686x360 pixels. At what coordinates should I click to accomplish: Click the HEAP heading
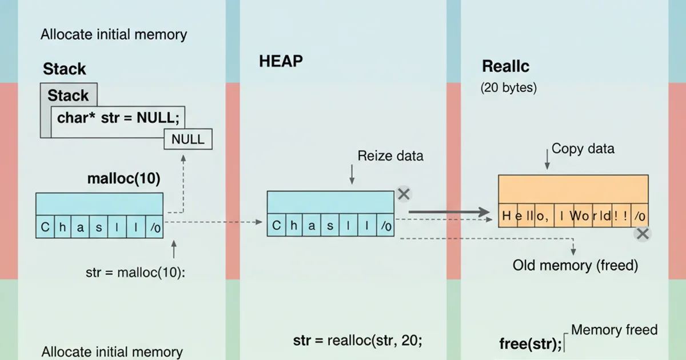point(281,61)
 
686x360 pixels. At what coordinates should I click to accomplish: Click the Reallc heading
point(505,66)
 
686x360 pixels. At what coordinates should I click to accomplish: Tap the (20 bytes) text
point(508,88)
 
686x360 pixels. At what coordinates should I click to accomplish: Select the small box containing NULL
point(188,139)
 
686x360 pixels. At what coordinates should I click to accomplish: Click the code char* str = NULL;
point(118,118)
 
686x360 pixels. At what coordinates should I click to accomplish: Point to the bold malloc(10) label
point(123,178)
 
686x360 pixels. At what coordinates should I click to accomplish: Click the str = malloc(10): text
point(135,272)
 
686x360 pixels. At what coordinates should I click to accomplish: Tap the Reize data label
point(390,155)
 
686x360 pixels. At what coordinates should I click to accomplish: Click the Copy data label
point(583,149)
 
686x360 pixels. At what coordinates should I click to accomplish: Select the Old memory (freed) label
point(575,265)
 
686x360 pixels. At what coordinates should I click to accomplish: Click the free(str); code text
point(530,344)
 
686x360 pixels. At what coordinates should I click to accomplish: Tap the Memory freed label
point(614,330)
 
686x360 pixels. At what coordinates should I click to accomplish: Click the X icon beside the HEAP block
point(404,194)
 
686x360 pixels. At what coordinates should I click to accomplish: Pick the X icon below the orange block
point(643,233)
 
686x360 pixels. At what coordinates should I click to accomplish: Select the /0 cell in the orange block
point(640,216)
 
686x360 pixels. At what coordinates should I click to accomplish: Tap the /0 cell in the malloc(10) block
point(155,227)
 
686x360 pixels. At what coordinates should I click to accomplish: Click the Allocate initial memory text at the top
point(114,34)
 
